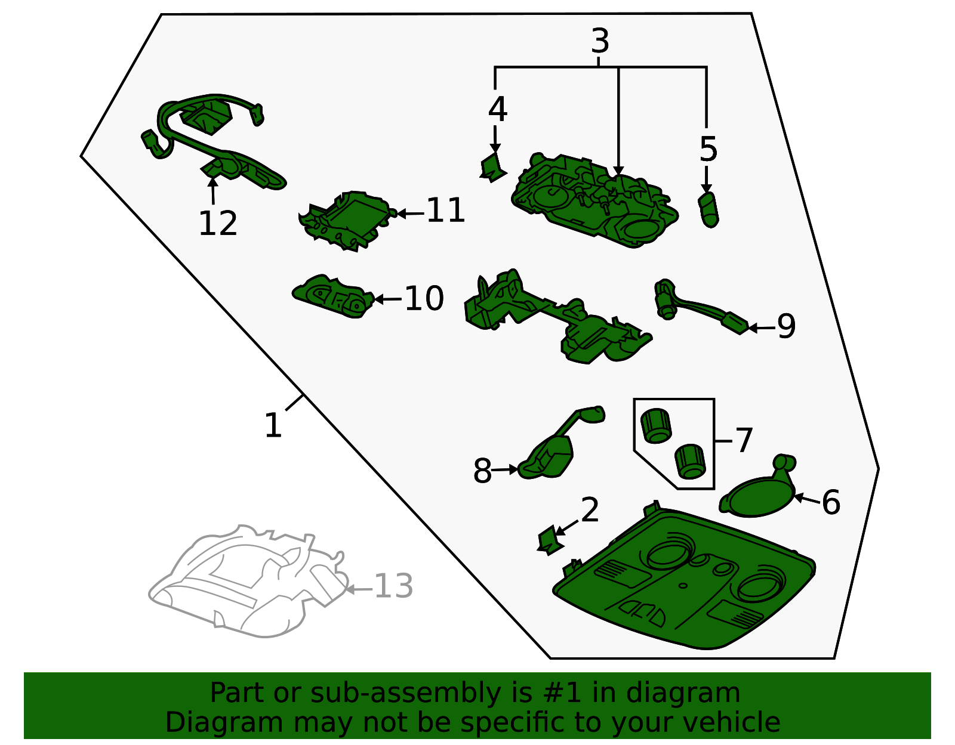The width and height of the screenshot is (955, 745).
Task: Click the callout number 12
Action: coord(218,224)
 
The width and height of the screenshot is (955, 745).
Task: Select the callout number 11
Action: coord(446,211)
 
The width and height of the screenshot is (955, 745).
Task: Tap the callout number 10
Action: coord(424,298)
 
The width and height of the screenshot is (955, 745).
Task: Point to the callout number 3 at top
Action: coord(600,41)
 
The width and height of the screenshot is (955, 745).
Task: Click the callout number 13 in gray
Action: coord(393,586)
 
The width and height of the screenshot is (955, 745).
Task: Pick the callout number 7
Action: coord(744,440)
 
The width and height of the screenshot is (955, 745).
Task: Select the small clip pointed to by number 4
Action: coord(493,167)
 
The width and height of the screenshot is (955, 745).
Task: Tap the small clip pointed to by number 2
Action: coord(550,540)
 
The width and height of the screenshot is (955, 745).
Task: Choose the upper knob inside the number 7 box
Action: coord(656,426)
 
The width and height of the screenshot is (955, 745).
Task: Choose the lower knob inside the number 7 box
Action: coord(690,462)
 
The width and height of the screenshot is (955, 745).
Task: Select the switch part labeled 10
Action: coord(333,296)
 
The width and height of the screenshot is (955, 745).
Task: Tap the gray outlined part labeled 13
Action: coord(249,582)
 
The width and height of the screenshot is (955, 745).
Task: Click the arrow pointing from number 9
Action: coord(762,328)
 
